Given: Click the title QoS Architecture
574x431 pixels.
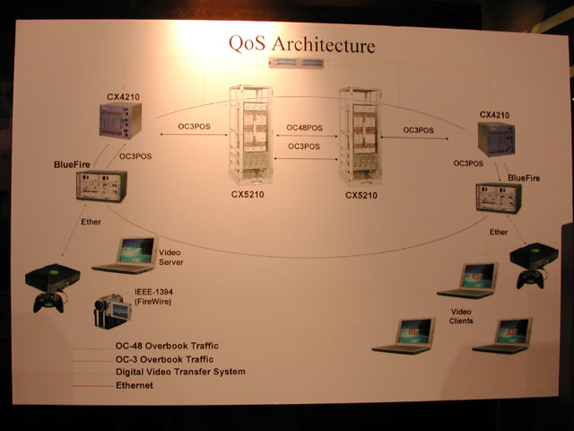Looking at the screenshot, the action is point(302,44).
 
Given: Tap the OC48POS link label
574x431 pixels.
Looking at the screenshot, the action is point(305,128).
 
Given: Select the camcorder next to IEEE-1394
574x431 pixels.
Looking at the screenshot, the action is point(112,311).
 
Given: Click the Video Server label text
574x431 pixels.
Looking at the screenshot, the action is point(170,258).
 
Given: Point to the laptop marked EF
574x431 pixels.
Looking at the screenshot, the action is point(467,280).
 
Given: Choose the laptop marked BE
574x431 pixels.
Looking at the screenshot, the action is point(404,336).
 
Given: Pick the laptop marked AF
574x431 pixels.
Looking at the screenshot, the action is point(502,336).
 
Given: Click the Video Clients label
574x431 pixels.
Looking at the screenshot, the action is point(461,316).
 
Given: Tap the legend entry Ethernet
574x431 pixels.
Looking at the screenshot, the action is point(135,385).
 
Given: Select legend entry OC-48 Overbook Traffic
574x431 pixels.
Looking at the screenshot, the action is point(167,346).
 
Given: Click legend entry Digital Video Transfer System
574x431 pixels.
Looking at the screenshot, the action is point(180,372).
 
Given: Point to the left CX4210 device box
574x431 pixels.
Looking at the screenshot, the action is point(120,120).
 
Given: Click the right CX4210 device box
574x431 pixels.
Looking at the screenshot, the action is point(496,139).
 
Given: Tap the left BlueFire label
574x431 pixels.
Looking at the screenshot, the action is point(72,164).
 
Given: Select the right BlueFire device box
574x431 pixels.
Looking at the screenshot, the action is point(499,198).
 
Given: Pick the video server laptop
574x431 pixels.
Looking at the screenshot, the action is point(126,255).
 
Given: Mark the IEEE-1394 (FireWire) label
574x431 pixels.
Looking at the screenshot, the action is point(153,297).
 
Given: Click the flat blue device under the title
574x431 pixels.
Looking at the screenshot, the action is point(296,63).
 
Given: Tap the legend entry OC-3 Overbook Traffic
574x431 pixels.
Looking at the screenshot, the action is point(164,359).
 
